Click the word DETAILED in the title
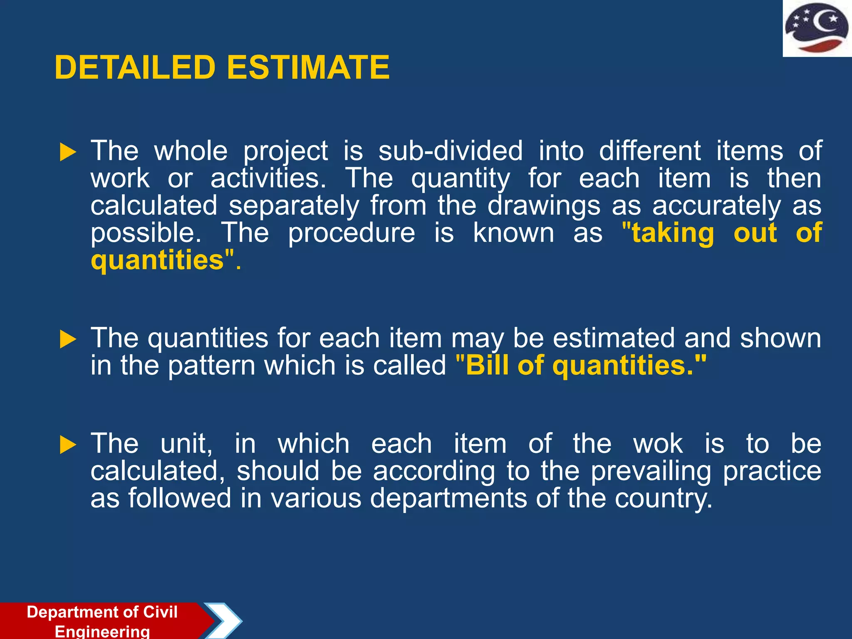point(135,68)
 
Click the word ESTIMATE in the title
point(308,68)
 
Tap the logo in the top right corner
point(817,28)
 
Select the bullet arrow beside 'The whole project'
point(68,152)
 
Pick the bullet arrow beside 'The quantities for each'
point(68,339)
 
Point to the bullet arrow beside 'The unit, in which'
point(68,445)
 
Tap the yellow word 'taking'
point(673,233)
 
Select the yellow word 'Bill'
point(487,366)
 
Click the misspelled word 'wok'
point(658,444)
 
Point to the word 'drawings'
point(544,206)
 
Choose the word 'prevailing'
point(651,472)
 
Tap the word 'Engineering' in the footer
point(102,631)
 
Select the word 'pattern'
point(212,366)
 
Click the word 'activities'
point(268,179)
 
